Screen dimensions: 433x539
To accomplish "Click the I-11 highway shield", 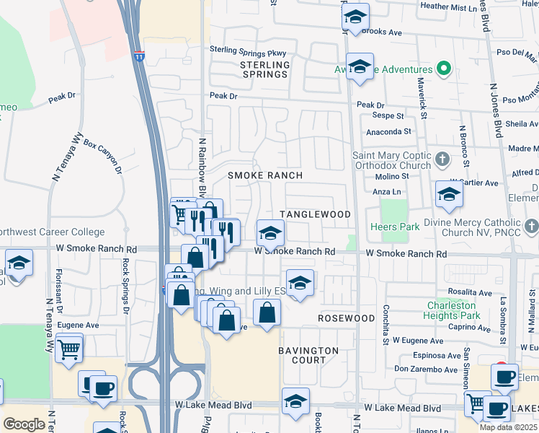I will (139, 55).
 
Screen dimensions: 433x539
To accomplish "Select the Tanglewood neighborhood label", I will (315, 215).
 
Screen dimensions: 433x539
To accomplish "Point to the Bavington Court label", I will (308, 355).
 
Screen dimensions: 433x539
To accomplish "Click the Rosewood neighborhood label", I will (346, 318).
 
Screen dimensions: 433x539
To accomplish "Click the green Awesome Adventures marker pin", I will (445, 70).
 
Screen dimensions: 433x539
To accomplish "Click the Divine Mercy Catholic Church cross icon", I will (532, 227).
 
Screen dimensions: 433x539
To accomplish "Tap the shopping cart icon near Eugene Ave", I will (68, 350).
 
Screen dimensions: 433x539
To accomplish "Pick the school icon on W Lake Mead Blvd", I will (295, 402).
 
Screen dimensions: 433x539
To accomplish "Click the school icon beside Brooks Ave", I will (355, 17).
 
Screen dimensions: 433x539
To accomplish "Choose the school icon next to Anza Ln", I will (449, 194).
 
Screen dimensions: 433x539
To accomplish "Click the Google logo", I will (24, 424).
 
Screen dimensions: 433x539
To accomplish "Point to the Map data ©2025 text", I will (507, 427).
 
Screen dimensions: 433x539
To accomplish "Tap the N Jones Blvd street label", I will (495, 109).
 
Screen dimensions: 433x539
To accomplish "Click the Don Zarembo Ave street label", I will (425, 369).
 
